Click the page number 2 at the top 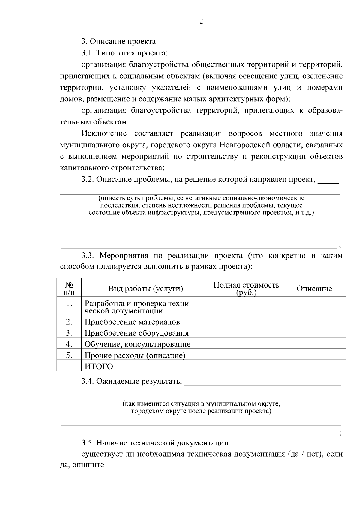point(201,22)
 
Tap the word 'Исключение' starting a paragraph point(104,133)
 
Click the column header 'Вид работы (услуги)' point(145,289)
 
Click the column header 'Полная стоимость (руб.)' point(246,289)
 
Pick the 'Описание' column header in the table point(314,289)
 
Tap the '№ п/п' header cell point(69,288)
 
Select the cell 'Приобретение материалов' point(132,322)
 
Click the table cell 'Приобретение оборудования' point(137,333)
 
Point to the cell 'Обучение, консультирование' point(138,344)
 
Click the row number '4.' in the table point(69,344)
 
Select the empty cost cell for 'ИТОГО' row point(246,366)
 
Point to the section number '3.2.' point(88,180)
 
